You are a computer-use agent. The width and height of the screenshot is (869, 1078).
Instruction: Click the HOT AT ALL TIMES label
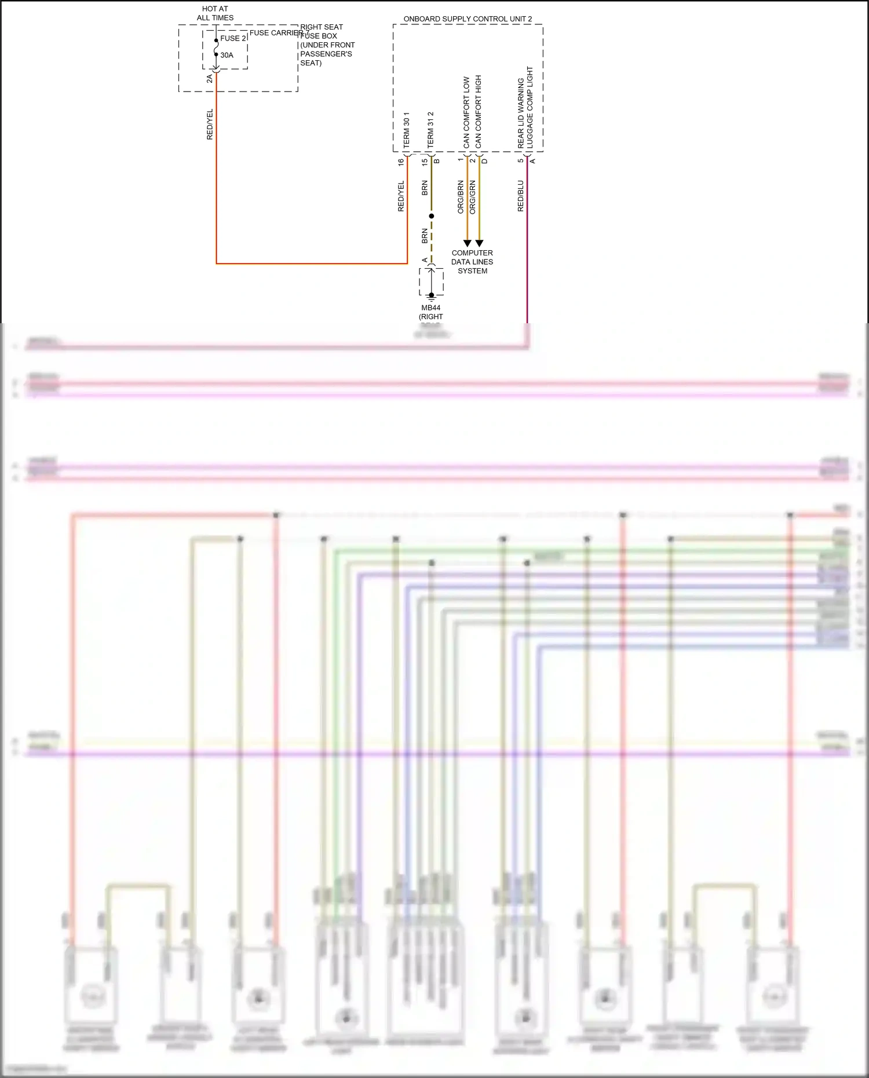(215, 13)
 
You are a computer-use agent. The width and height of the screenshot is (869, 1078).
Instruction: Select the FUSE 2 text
(233, 38)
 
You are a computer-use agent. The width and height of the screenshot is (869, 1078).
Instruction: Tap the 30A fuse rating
(227, 56)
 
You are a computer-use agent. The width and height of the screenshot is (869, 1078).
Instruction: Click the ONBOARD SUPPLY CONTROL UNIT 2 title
(468, 19)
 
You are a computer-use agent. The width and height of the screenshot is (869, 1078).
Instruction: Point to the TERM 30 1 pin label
(406, 130)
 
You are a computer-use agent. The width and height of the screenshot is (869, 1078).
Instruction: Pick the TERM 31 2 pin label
(430, 130)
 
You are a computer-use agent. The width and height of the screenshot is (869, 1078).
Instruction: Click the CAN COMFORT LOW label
(466, 112)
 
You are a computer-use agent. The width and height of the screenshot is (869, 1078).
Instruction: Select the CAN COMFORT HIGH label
(479, 111)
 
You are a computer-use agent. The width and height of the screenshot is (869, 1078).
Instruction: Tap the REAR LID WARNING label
(521, 113)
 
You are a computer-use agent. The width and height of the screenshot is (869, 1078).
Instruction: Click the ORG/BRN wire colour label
(461, 197)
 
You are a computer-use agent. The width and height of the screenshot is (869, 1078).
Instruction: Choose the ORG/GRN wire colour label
(473, 197)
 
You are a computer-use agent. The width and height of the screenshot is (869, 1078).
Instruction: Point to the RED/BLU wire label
(520, 196)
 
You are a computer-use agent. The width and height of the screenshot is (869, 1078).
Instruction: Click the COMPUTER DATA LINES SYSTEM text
(472, 262)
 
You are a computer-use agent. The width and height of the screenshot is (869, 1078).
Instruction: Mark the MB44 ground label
(431, 308)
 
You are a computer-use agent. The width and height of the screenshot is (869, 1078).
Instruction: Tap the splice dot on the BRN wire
(431, 216)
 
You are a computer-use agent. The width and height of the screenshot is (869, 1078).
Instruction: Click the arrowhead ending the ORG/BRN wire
(467, 243)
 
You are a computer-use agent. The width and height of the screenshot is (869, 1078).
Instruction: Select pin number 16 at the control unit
(401, 163)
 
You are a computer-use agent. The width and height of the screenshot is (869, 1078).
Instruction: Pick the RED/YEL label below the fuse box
(210, 125)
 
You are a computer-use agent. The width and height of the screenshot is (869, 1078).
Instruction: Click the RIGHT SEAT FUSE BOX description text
(326, 45)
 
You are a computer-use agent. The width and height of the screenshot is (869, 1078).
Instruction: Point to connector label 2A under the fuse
(209, 79)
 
